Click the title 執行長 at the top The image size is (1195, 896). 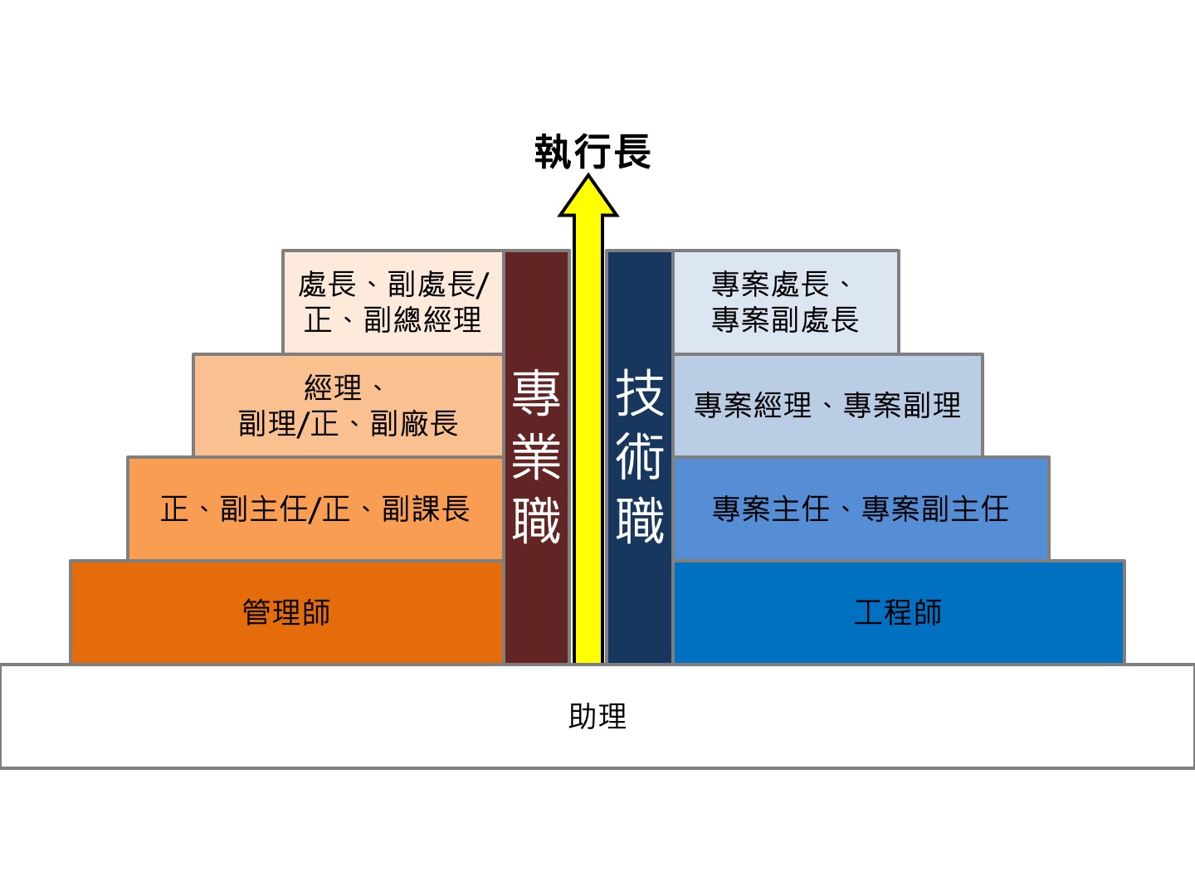(x=593, y=152)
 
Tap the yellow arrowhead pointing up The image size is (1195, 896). (x=588, y=196)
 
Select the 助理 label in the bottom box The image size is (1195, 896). (x=597, y=717)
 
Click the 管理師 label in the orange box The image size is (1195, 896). (x=286, y=612)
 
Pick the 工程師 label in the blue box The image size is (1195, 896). (x=898, y=612)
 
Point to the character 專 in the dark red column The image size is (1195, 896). (x=536, y=392)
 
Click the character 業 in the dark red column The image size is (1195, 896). (x=536, y=456)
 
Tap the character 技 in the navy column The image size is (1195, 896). (x=640, y=392)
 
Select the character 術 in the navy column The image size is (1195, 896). (x=640, y=456)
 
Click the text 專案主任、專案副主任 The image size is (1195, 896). (x=861, y=509)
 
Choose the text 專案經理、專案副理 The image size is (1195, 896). (x=827, y=406)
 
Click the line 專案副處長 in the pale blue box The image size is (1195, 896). (x=785, y=319)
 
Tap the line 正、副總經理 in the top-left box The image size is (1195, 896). (x=393, y=319)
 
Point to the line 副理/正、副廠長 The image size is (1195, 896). (x=349, y=424)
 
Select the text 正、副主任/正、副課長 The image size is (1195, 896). (x=315, y=509)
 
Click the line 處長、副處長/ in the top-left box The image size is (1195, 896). (x=393, y=285)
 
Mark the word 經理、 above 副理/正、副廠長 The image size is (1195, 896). (x=344, y=388)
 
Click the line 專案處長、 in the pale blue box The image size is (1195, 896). (x=782, y=285)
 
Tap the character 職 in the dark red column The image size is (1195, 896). (x=536, y=521)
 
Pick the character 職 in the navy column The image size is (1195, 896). (x=640, y=521)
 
